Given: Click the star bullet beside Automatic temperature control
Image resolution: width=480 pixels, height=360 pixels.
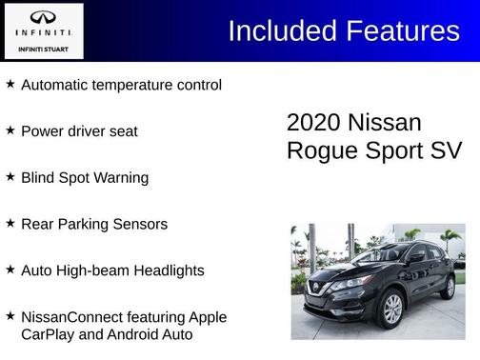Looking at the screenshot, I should pyautogui.click(x=10, y=84).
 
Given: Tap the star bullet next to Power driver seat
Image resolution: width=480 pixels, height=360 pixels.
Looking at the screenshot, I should pyautogui.click(x=10, y=130).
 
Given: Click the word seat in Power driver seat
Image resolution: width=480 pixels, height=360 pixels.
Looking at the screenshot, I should pyautogui.click(x=123, y=130).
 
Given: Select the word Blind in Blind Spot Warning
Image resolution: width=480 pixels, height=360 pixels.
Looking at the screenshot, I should pyautogui.click(x=38, y=177).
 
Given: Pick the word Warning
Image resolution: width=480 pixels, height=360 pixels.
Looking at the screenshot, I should pyautogui.click(x=120, y=177).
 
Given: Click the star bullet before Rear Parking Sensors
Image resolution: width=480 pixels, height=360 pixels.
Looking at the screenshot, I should pyautogui.click(x=10, y=223).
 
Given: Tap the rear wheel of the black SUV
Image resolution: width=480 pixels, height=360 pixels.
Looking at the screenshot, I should pyautogui.click(x=448, y=286).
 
